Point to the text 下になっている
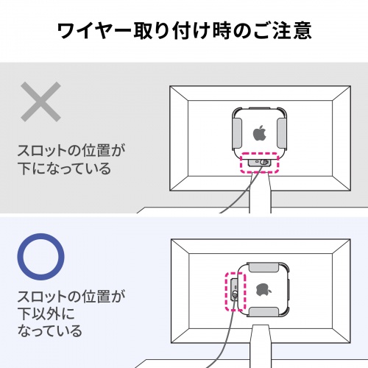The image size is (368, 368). tap(64, 169)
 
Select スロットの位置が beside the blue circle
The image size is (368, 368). tap(72, 297)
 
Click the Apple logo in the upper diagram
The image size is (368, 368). tap(259, 133)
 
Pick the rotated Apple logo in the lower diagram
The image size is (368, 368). tap(261, 288)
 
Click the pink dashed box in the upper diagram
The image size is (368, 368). tap(261, 162)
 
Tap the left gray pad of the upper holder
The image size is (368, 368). tap(236, 132)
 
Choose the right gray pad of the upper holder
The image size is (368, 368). tap(281, 132)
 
